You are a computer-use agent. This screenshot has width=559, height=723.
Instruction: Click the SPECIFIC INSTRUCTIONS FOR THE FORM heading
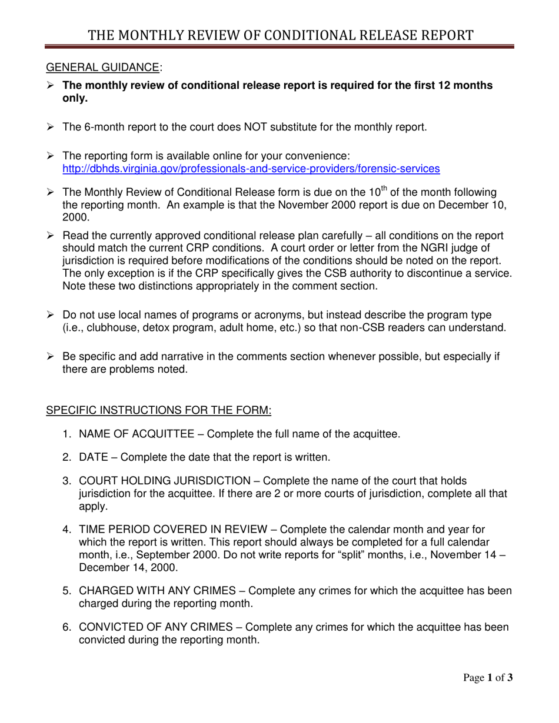point(158,410)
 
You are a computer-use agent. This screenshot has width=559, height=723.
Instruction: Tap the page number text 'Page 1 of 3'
point(488,678)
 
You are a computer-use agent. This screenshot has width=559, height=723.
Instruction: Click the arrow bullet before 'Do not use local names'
point(51,315)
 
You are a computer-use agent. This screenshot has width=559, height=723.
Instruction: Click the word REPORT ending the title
point(442,36)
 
